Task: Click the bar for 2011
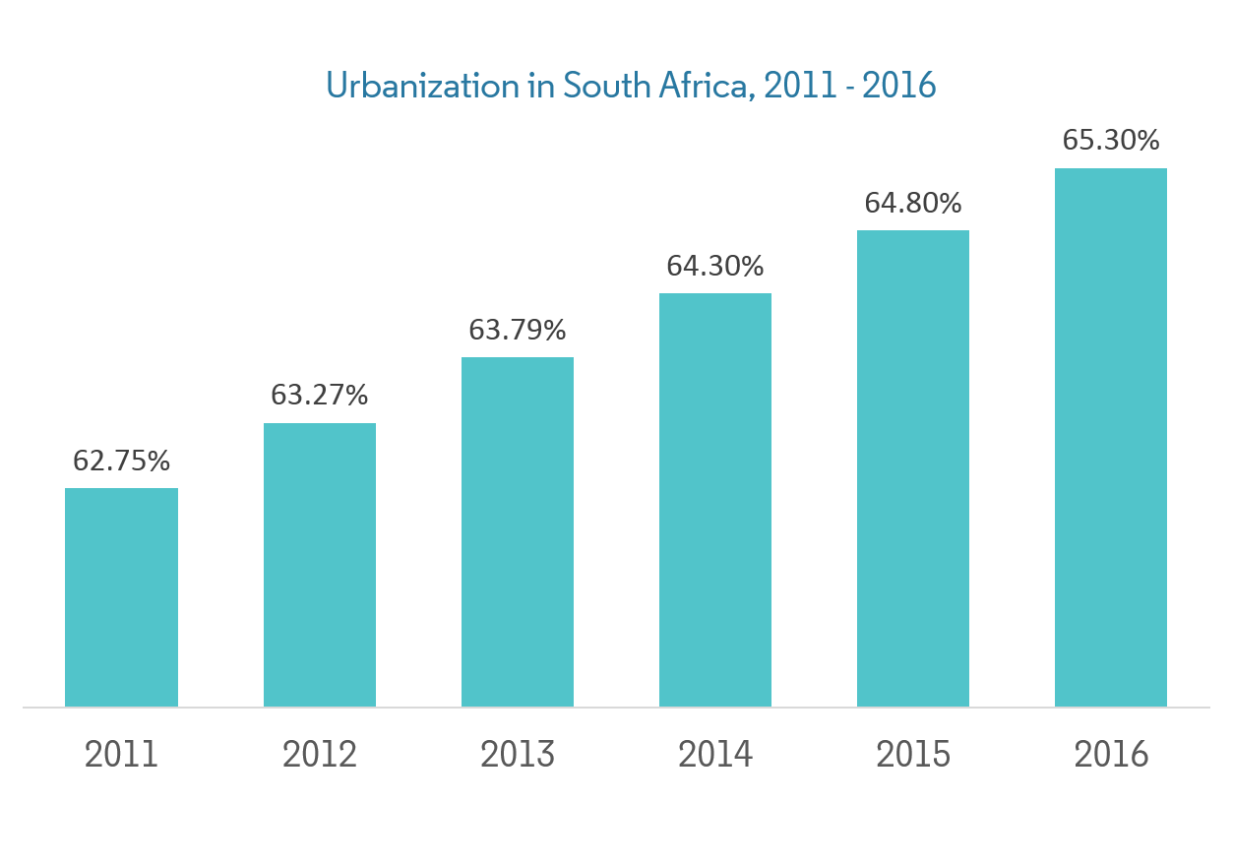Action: pos(121,597)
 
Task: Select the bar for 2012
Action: pos(319,565)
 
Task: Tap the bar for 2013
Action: pos(518,531)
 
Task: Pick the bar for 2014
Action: pos(715,500)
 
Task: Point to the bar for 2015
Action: pos(913,468)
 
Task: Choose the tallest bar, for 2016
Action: pos(1111,437)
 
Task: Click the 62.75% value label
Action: pos(121,461)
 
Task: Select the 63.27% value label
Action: pos(319,396)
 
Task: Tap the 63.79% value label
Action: pos(518,330)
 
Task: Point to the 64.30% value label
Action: pos(715,266)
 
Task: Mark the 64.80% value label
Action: pos(913,204)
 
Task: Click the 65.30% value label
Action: pos(1111,141)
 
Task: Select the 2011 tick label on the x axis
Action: pos(121,755)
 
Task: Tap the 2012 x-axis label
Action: pos(319,755)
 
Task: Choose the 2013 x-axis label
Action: pos(518,755)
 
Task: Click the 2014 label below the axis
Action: pos(715,755)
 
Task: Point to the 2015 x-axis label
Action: pos(913,755)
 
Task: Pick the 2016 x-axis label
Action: pos(1111,755)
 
